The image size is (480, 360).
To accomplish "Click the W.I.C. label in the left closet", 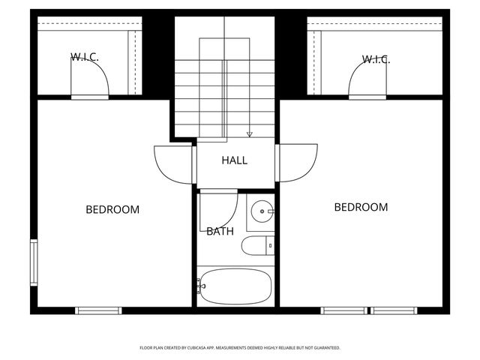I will click(85, 57).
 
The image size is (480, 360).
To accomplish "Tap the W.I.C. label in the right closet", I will click(376, 59).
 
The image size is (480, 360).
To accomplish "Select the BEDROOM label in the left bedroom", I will click(112, 209).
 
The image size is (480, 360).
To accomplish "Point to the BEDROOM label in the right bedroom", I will click(361, 207).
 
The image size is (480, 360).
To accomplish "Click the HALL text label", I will click(234, 160).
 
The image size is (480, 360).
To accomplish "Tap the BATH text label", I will click(220, 232).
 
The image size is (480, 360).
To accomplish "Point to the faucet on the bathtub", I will click(200, 285).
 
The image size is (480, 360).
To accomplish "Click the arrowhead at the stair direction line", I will click(250, 134).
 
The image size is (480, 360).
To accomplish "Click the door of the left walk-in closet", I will click(90, 79).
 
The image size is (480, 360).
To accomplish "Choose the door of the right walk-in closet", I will click(367, 79).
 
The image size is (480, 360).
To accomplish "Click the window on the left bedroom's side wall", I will click(34, 262).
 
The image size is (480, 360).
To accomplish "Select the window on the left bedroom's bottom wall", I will click(98, 310).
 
